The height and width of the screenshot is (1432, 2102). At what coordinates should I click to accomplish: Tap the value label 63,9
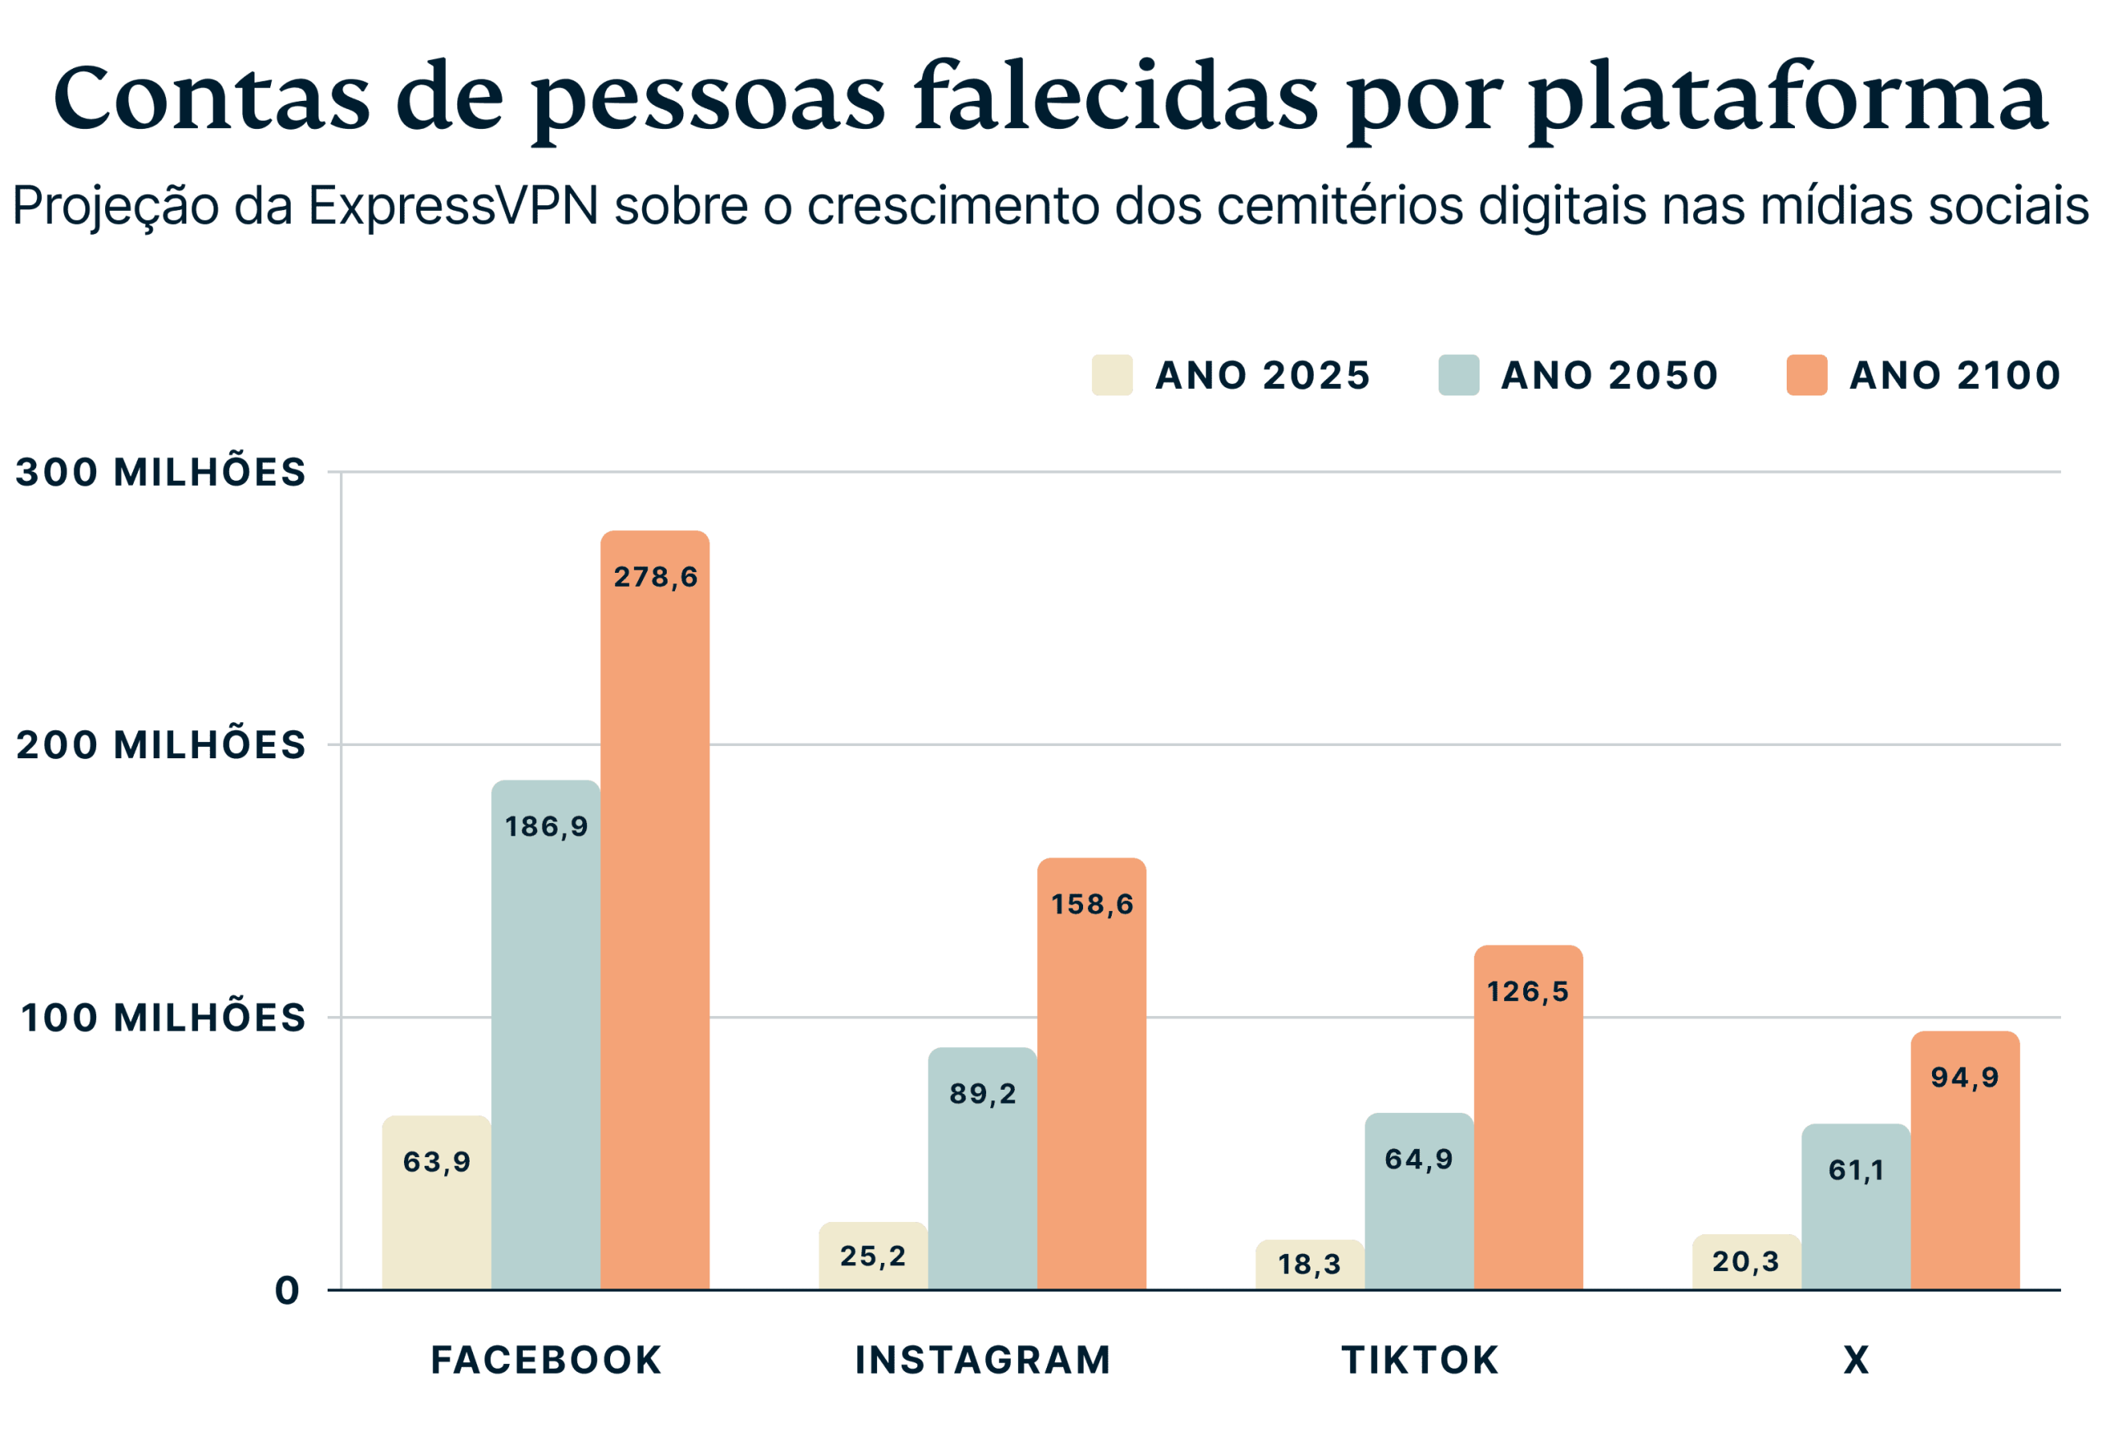(437, 1162)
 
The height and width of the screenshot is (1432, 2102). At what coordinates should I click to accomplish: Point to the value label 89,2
(982, 1094)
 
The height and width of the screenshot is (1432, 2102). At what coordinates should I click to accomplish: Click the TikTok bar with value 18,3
(1310, 1265)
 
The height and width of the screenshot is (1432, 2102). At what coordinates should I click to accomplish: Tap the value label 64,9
(1419, 1159)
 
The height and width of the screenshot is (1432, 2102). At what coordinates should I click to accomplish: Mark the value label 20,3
(1746, 1261)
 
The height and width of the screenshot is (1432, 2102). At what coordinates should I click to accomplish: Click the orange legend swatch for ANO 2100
(1807, 375)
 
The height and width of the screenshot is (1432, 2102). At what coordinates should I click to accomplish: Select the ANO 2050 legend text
(1610, 375)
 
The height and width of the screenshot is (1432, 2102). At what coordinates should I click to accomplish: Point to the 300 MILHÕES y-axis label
(161, 472)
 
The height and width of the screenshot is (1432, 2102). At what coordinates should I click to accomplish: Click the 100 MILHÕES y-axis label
(163, 1018)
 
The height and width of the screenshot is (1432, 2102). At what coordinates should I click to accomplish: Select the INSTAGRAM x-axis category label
(982, 1361)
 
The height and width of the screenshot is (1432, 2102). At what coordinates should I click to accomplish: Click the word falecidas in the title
(1116, 98)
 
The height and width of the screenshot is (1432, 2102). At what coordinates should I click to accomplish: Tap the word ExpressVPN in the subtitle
(453, 206)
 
